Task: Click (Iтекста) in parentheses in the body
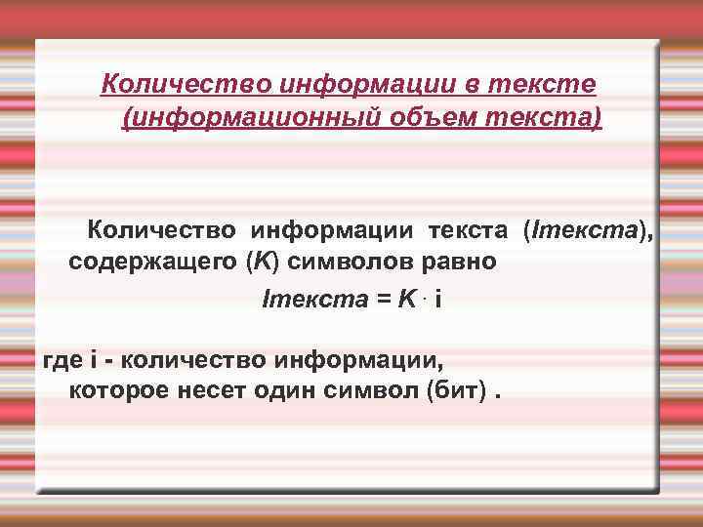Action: click(x=588, y=230)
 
